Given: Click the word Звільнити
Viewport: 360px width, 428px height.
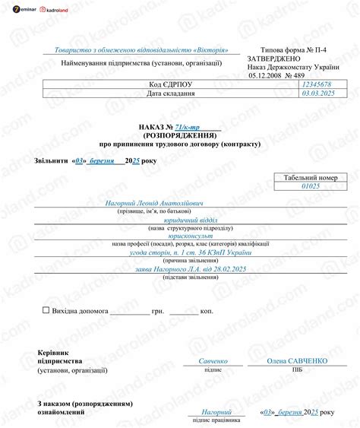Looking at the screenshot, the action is pyautogui.click(x=52, y=161).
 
